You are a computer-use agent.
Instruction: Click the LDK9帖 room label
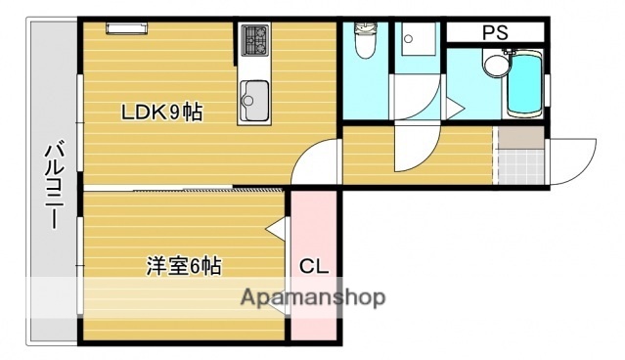162,113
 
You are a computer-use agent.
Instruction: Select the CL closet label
313,265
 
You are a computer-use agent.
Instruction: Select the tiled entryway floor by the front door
519,168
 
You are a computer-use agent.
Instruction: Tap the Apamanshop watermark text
313,297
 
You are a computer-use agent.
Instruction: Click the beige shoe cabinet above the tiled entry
519,138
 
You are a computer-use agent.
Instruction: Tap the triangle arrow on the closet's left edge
277,231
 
